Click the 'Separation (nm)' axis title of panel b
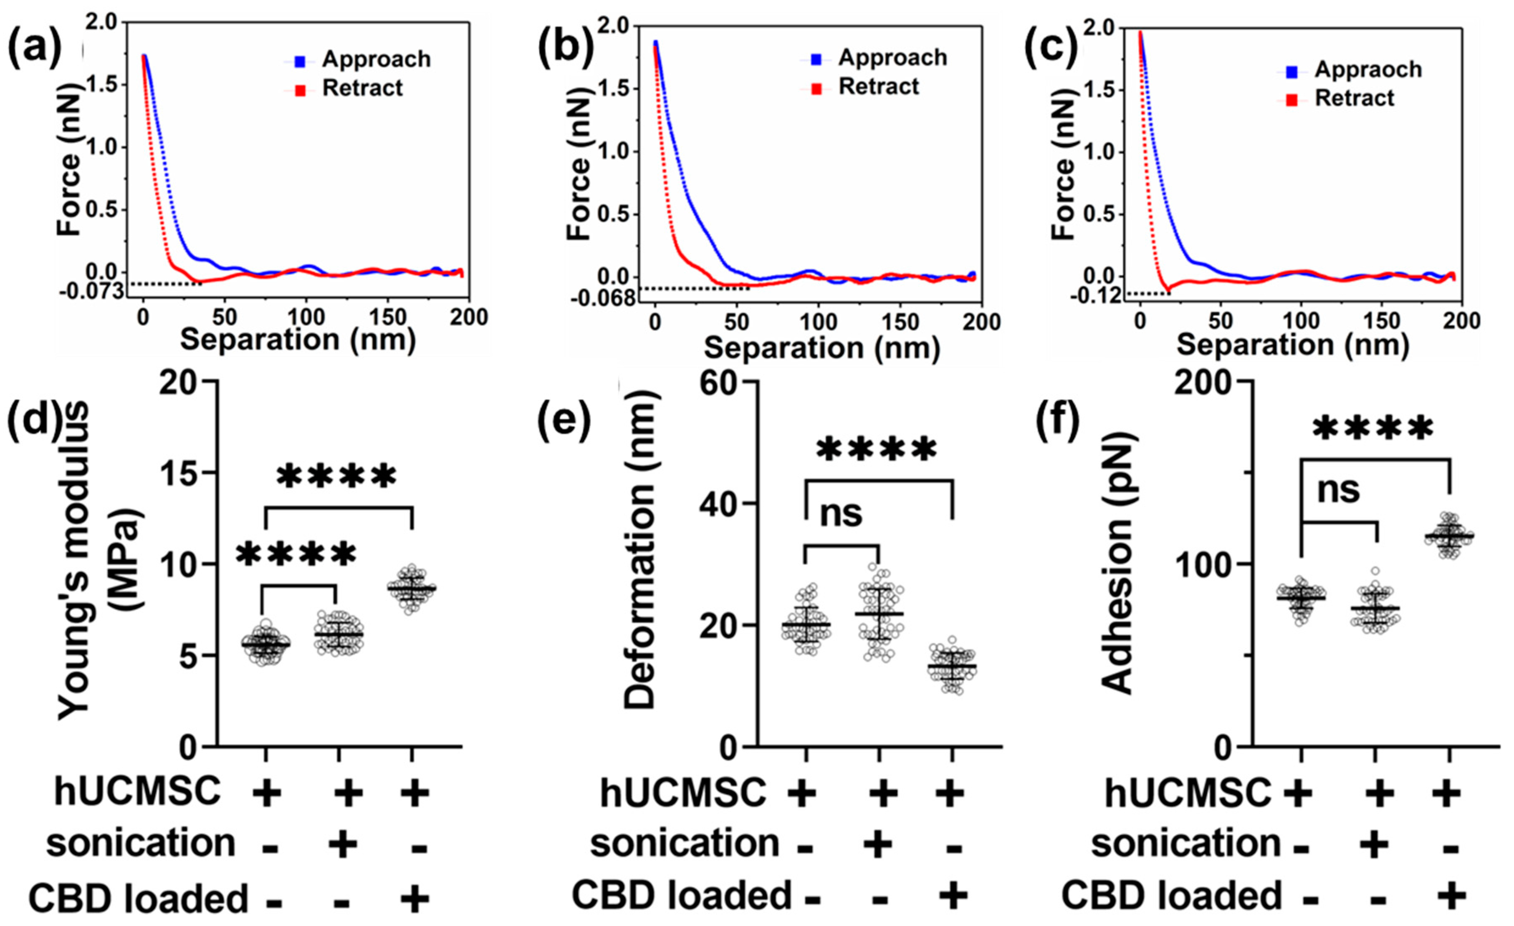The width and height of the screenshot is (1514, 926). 821,348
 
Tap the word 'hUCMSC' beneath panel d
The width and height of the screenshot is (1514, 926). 138,792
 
